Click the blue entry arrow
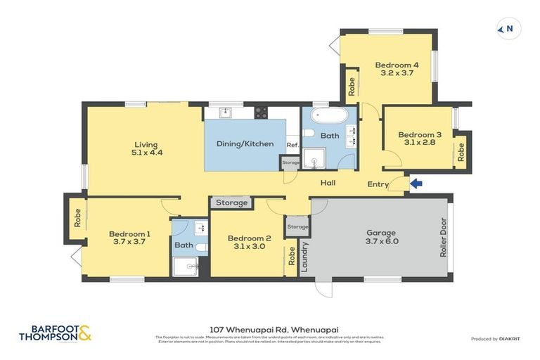tap(416, 184)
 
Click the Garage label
tap(381, 233)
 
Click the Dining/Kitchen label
tap(245, 143)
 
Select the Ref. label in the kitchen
tap(292, 145)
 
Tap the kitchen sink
tap(224, 112)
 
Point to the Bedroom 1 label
tap(129, 233)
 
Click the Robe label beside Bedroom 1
tap(75, 217)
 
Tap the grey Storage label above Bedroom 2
tap(231, 203)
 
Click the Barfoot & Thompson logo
tap(56, 333)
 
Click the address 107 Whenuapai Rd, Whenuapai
tap(270, 328)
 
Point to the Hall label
tap(328, 183)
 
